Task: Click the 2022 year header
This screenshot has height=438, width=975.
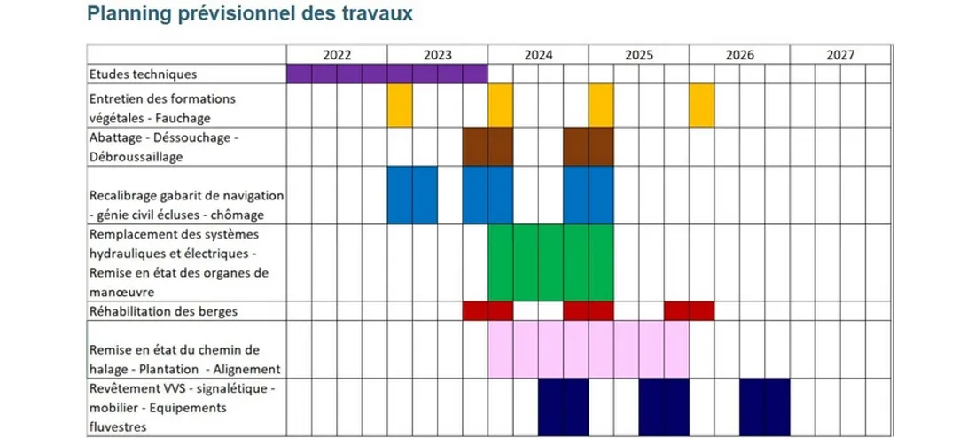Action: coord(337,55)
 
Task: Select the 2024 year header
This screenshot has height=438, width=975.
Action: coord(538,55)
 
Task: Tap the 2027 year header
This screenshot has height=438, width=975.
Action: coord(839,55)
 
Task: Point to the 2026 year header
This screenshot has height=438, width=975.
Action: coord(739,55)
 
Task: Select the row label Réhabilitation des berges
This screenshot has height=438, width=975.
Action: coord(163,311)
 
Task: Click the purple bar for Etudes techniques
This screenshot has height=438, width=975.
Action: coord(386,74)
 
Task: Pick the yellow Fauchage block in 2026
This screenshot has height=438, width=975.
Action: coord(702,106)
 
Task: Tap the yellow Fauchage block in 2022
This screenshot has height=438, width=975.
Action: coord(400,106)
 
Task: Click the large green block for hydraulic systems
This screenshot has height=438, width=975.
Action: coord(550,262)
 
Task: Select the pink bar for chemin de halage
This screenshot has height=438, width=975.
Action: coord(589,349)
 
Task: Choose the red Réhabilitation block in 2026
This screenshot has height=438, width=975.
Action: coord(690,311)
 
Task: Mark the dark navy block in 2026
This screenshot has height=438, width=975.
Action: coord(765,407)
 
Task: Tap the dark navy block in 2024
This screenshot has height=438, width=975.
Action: coord(564,407)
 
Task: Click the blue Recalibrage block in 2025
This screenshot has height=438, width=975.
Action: coord(589,195)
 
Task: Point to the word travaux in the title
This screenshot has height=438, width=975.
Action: coord(378,14)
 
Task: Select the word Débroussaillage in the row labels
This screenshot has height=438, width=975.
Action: coord(136,157)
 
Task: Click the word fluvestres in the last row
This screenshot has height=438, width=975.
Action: coord(119,427)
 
